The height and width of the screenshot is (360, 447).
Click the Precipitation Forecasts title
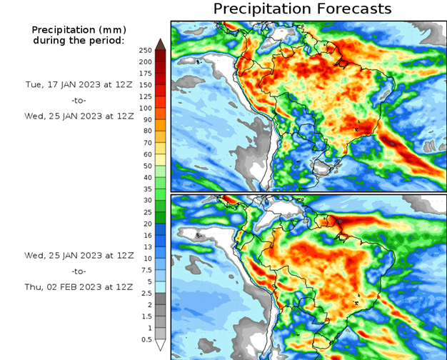[303, 9]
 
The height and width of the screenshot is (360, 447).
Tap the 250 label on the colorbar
[145, 50]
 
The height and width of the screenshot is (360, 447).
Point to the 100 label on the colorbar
[145, 108]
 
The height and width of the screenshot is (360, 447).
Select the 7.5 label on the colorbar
[145, 270]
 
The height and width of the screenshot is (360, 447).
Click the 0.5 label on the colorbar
[145, 339]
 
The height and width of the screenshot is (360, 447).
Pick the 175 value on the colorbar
[145, 74]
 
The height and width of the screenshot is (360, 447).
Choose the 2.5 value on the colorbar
[145, 293]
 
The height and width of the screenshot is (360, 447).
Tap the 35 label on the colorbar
[145, 189]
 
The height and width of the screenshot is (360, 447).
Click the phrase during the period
[78, 40]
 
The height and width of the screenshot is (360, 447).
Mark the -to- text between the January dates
[78, 100]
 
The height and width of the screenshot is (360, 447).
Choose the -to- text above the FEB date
[78, 271]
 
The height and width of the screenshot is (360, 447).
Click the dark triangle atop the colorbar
[161, 44]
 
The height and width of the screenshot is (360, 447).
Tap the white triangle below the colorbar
[161, 345]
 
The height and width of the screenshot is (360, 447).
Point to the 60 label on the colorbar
[145, 154]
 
